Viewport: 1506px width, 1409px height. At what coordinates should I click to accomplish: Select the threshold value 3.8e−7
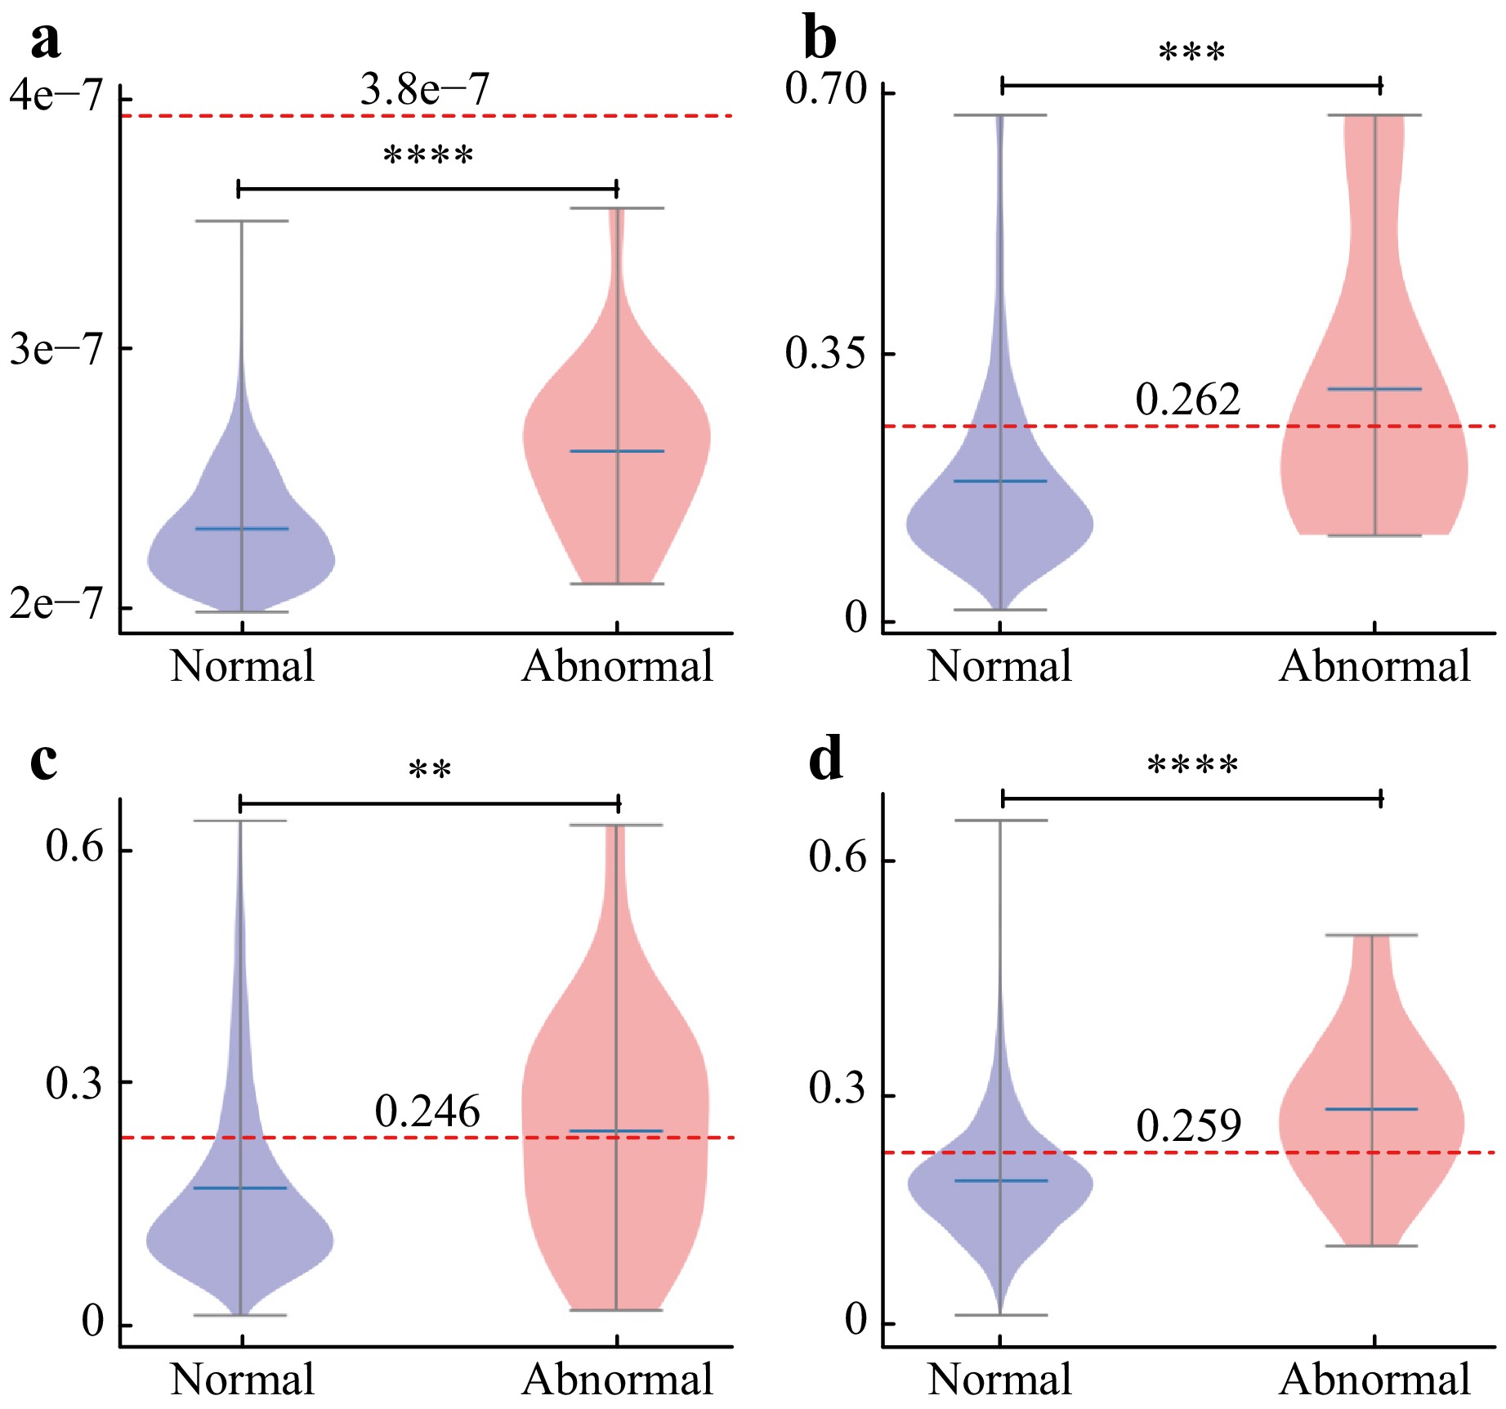point(425,89)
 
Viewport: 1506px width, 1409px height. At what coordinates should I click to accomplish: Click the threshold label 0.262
point(1188,400)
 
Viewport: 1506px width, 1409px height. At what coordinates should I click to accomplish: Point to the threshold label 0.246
point(427,1112)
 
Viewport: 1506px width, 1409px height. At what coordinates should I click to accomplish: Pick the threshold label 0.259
point(1189,1126)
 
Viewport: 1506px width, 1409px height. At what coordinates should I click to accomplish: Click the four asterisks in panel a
point(428,155)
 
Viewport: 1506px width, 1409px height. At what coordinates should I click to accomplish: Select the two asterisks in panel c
point(430,770)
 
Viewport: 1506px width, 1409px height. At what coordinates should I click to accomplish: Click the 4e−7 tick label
point(56,95)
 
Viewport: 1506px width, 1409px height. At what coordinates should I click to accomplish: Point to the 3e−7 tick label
point(56,349)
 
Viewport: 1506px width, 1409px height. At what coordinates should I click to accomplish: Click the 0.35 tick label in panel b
point(825,353)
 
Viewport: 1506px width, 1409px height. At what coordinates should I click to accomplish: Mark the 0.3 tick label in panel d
point(838,1089)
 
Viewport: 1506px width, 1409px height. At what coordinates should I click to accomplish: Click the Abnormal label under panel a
point(618,666)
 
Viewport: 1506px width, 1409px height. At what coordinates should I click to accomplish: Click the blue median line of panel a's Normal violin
point(242,529)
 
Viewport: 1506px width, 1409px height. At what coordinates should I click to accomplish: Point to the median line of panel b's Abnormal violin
point(1374,389)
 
